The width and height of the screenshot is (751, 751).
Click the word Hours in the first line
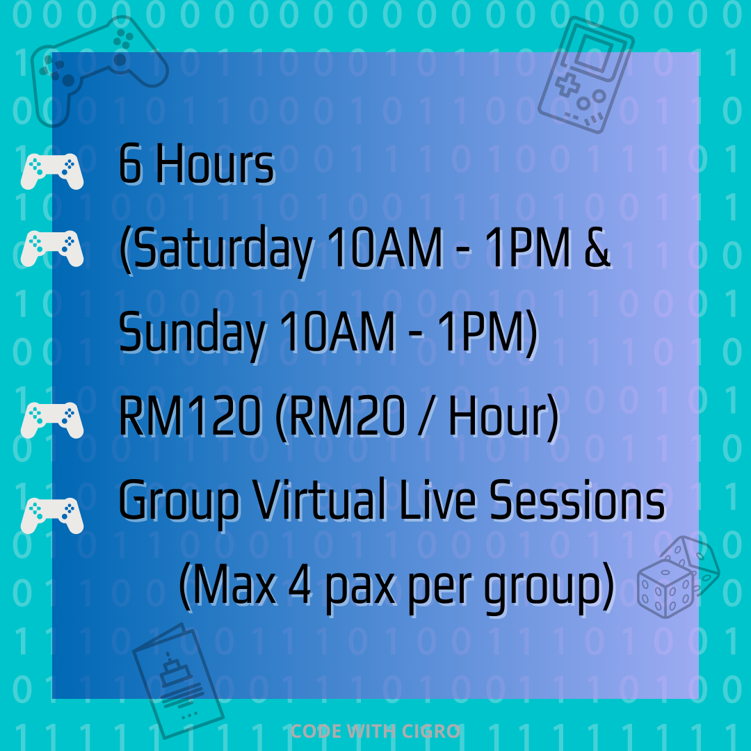pyautogui.click(x=215, y=164)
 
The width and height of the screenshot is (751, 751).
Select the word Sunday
pyautogui.click(x=192, y=334)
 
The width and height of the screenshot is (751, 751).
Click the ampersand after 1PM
pyautogui.click(x=597, y=247)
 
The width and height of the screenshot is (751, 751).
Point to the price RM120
pyautogui.click(x=190, y=416)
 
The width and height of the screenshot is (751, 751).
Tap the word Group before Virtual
pyautogui.click(x=179, y=501)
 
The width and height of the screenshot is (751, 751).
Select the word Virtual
pyautogui.click(x=319, y=499)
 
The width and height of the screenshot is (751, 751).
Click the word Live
pyautogui.click(x=437, y=499)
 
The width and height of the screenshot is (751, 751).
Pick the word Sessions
pyautogui.click(x=577, y=499)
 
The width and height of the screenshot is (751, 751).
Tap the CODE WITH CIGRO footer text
pyautogui.click(x=375, y=731)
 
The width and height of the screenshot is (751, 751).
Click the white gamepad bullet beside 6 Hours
pyautogui.click(x=52, y=171)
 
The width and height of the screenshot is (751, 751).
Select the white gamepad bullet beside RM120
pyautogui.click(x=52, y=420)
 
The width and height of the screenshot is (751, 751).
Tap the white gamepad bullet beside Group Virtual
pyautogui.click(x=52, y=516)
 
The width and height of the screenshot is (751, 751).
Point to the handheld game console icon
pyautogui.click(x=586, y=74)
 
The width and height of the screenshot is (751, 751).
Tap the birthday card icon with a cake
pyautogui.click(x=178, y=680)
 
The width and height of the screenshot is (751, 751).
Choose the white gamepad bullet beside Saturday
pyautogui.click(x=52, y=248)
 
